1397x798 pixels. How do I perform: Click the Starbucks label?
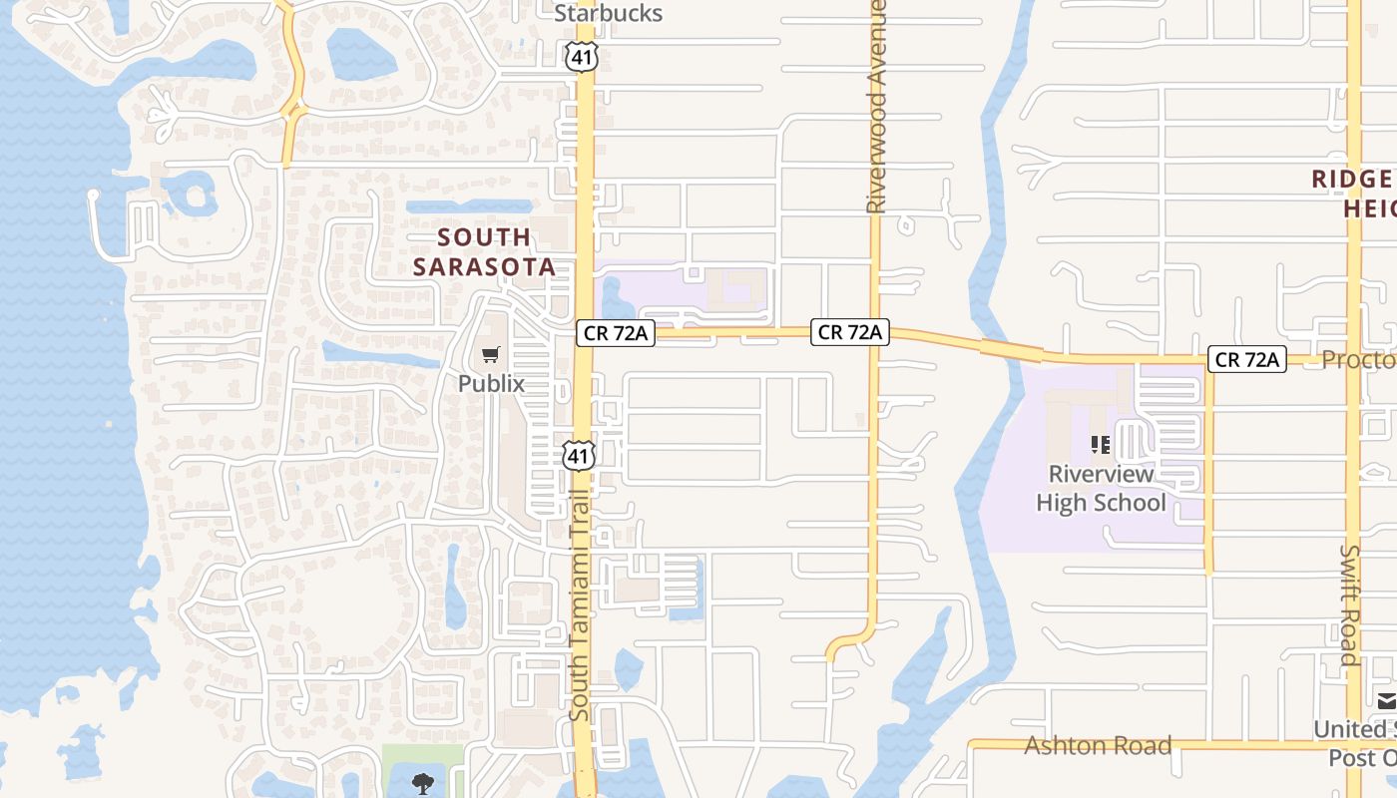coord(608,13)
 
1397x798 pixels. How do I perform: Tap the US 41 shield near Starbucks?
coord(581,58)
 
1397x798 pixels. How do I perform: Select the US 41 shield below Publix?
coord(579,455)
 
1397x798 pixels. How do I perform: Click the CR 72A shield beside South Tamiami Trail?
coord(616,333)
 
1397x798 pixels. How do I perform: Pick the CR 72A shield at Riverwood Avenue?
coord(849,332)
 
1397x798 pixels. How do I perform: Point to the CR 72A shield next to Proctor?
coord(1246,359)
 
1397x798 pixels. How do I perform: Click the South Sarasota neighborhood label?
coord(484,251)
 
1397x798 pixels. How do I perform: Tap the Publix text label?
coord(491,383)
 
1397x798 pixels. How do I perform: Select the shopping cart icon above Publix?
coord(490,355)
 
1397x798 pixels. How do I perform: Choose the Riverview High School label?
coord(1101,488)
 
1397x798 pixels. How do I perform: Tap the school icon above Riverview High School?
coord(1101,445)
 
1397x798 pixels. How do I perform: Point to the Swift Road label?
coord(1349,604)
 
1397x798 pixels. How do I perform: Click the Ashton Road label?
coord(1098,745)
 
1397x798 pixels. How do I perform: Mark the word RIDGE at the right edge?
coord(1352,180)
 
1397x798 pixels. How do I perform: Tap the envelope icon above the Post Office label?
coord(1387,700)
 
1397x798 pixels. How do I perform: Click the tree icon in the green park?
coord(424,783)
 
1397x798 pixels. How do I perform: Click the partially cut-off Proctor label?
coord(1358,359)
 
